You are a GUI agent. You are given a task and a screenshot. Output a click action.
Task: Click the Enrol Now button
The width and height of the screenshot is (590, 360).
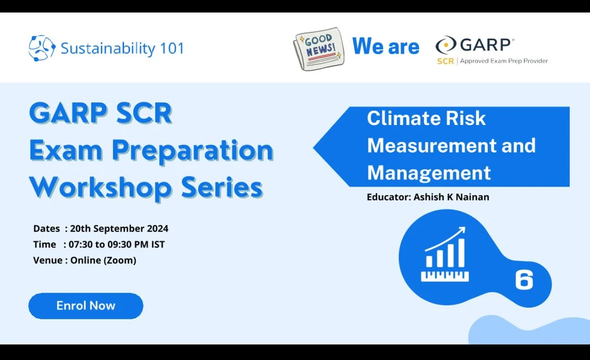pyautogui.click(x=86, y=306)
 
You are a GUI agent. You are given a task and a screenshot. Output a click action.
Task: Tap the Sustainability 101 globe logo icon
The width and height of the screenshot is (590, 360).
pyautogui.click(x=41, y=48)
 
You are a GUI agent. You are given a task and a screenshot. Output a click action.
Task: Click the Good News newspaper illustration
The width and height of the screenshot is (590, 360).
pyautogui.click(x=318, y=48)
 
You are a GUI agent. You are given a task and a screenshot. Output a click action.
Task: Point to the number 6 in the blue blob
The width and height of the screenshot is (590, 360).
pyautogui.click(x=524, y=280)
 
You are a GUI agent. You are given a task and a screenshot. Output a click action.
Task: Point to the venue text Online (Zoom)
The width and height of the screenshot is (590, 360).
pyautogui.click(x=103, y=260)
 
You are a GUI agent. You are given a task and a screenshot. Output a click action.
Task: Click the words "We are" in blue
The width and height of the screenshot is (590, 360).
pyautogui.click(x=385, y=47)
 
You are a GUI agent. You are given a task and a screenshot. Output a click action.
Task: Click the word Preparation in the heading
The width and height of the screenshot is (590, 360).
pyautogui.click(x=192, y=150)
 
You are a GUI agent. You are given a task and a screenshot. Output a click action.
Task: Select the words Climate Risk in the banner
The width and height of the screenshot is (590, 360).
pyautogui.click(x=426, y=118)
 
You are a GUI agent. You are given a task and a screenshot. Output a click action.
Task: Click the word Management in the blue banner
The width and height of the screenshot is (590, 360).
pyautogui.click(x=428, y=172)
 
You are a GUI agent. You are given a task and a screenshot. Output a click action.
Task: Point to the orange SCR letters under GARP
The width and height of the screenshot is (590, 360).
pyautogui.click(x=445, y=61)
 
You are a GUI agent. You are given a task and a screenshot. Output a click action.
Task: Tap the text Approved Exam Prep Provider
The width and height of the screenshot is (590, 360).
pyautogui.click(x=504, y=61)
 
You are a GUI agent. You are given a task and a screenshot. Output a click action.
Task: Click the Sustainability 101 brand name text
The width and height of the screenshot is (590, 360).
pyautogui.click(x=122, y=48)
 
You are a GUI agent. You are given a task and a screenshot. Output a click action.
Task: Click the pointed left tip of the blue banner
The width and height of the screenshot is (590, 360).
pyautogui.click(x=317, y=146)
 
